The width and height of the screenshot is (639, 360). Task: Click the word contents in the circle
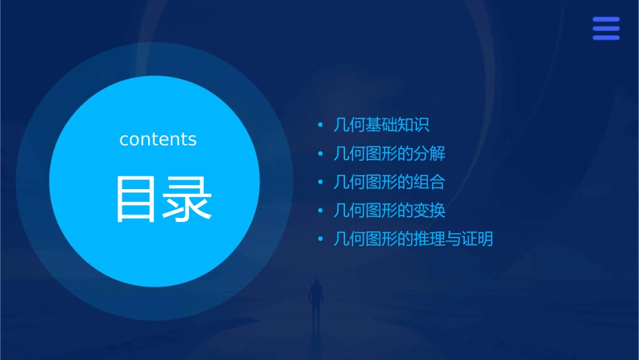pos(158,139)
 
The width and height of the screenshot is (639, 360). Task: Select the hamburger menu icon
pos(605,28)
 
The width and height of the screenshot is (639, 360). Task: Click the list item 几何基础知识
pos(381,125)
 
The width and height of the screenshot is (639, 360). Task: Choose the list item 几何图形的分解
pos(389,153)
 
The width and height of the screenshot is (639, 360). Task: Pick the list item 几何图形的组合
pos(389,182)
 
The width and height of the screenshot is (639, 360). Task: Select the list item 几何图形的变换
pos(389,211)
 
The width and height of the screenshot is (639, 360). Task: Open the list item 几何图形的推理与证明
pos(413,239)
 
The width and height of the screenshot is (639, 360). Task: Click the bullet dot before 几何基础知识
pos(321,125)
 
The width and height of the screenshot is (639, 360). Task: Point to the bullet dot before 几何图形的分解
pos(321,154)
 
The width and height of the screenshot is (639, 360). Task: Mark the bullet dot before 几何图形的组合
pos(321,182)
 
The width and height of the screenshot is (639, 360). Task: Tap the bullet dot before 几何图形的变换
pos(321,211)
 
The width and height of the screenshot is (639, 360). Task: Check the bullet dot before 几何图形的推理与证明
pos(321,240)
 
